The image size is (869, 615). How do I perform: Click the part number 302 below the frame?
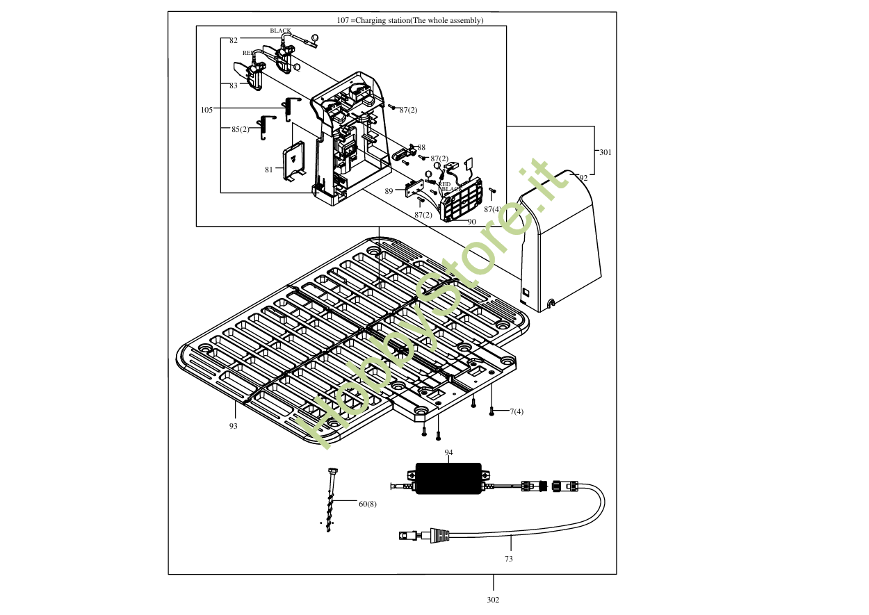(x=493, y=600)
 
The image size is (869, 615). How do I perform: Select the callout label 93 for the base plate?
(x=234, y=426)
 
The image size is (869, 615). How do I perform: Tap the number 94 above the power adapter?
(x=449, y=452)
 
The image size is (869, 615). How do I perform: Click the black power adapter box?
(x=448, y=479)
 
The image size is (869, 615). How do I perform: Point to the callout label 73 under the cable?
(x=509, y=559)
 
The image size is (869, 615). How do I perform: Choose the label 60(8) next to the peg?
(x=367, y=504)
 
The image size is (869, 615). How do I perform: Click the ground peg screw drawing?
(x=330, y=500)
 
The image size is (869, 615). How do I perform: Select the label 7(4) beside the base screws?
(x=516, y=411)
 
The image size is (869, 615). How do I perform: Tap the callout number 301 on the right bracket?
(x=606, y=152)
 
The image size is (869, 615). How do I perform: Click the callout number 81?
(x=269, y=170)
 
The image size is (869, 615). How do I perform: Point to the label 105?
(x=206, y=110)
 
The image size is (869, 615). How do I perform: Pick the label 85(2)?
(x=241, y=129)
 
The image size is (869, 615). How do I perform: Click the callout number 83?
(x=234, y=86)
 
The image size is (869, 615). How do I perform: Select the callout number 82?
(x=234, y=41)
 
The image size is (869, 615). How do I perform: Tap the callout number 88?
(x=421, y=147)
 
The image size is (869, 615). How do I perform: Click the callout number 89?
(x=389, y=190)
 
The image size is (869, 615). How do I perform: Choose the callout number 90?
(x=471, y=222)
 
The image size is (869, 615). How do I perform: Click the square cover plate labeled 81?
(x=295, y=162)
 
